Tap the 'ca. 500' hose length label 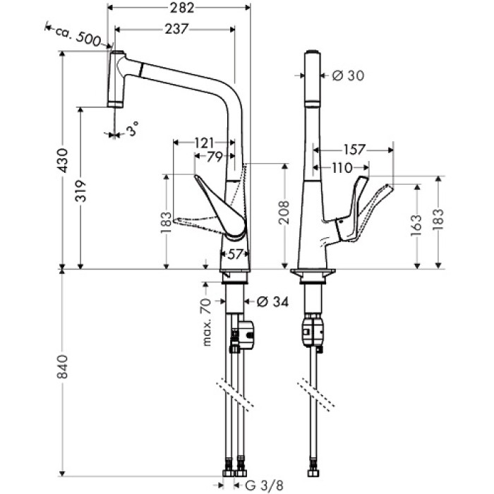[76, 35]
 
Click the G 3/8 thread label [264, 486]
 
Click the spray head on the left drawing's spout [116, 78]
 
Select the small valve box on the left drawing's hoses [243, 335]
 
